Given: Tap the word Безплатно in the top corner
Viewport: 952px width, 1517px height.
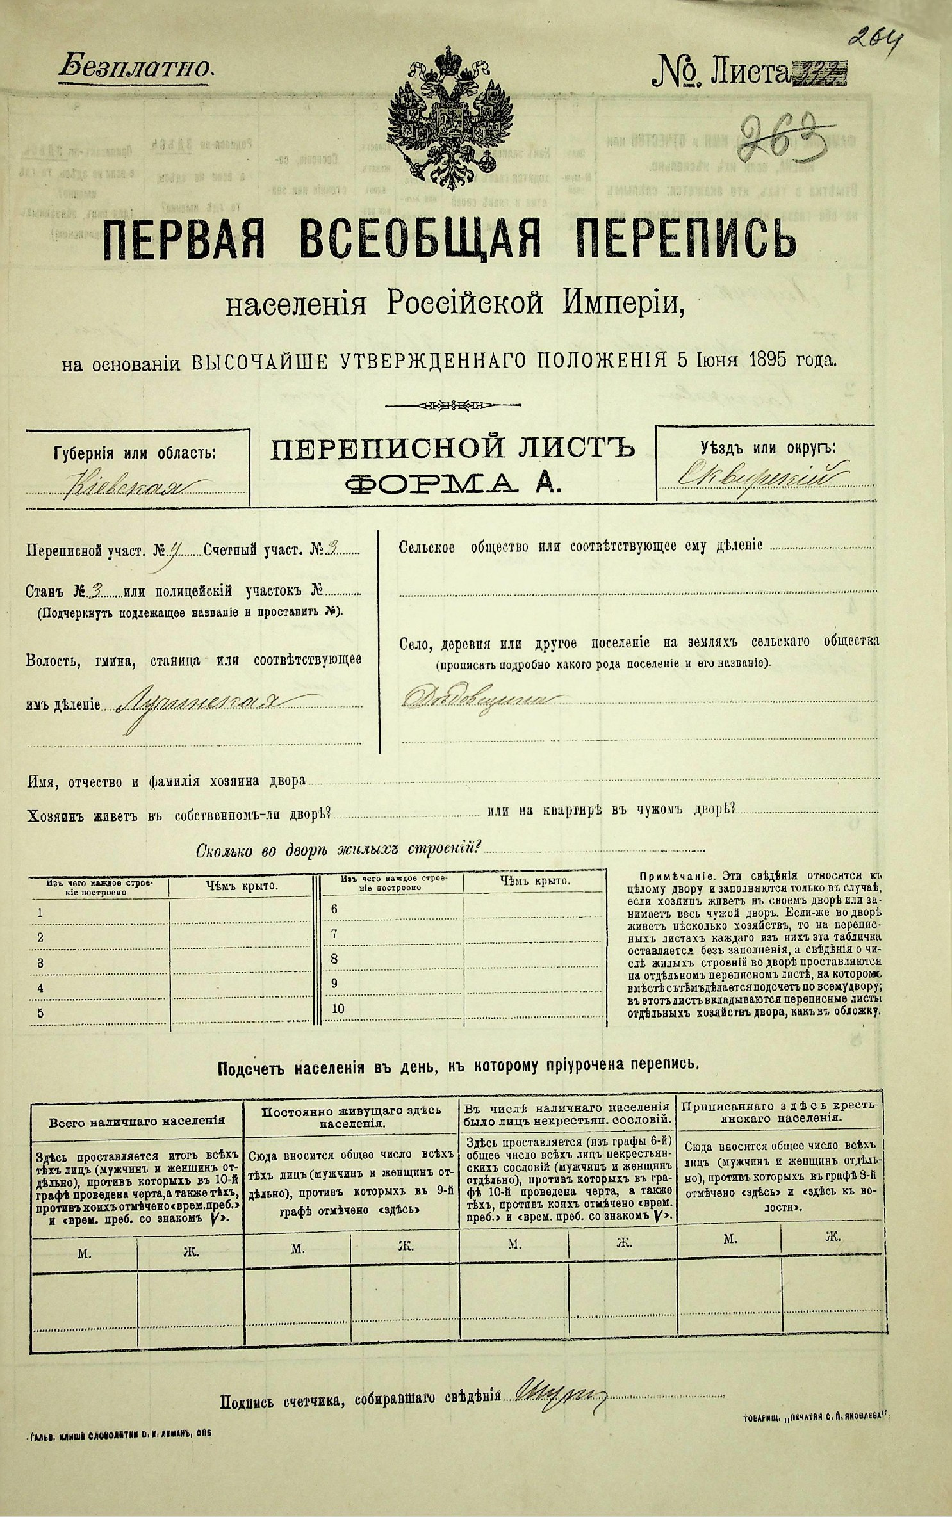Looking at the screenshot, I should tap(135, 67).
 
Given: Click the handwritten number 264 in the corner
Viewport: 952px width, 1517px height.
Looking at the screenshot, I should tap(874, 40).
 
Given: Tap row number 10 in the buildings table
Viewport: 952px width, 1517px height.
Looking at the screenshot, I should tap(338, 1008).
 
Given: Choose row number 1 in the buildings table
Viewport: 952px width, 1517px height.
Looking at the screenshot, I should tap(40, 913).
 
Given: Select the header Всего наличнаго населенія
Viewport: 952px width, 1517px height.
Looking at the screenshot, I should tap(136, 1121).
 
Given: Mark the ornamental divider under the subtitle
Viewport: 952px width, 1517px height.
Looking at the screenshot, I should tap(449, 405).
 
